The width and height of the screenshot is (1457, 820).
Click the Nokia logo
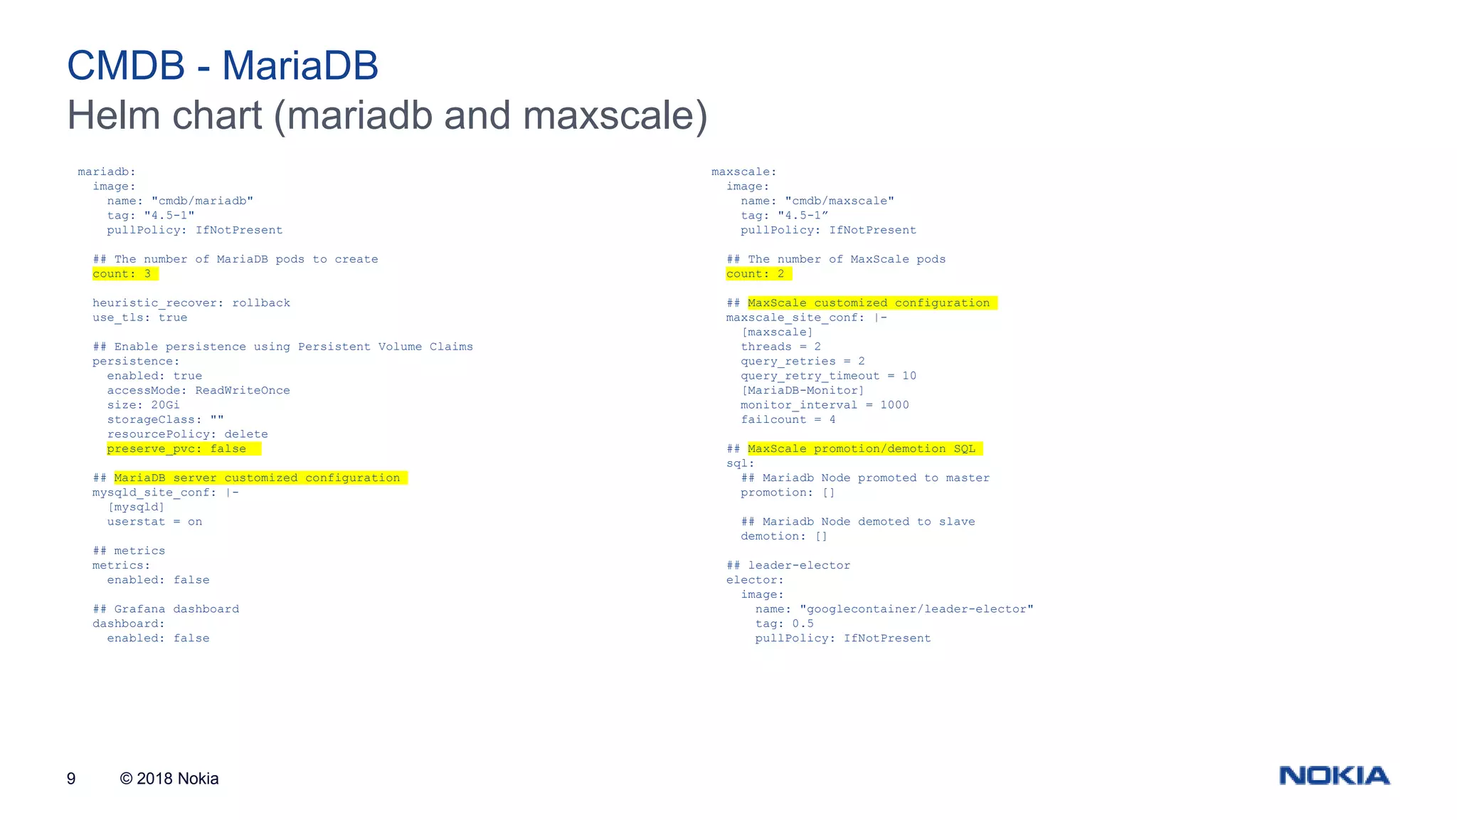tap(1334, 775)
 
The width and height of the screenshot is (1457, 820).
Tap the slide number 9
tap(71, 779)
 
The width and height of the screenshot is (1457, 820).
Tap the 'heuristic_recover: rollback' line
tap(191, 303)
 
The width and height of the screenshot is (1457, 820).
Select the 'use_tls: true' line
tap(139, 317)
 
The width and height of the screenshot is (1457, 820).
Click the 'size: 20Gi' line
tap(143, 405)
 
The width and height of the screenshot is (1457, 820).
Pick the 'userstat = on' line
tap(154, 522)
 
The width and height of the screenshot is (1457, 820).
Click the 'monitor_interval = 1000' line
tap(825, 405)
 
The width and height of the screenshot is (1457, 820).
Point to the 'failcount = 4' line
tap(788, 420)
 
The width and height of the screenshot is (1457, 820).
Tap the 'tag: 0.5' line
tap(784, 624)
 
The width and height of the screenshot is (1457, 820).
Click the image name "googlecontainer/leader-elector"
tap(916, 609)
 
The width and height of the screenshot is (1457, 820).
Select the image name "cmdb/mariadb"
tap(202, 201)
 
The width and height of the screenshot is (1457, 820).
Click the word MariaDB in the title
tap(300, 65)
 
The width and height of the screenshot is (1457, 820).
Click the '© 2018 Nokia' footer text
tap(169, 779)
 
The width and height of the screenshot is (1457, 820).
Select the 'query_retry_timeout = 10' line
tap(828, 376)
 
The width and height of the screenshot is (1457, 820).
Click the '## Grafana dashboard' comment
tap(166, 609)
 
